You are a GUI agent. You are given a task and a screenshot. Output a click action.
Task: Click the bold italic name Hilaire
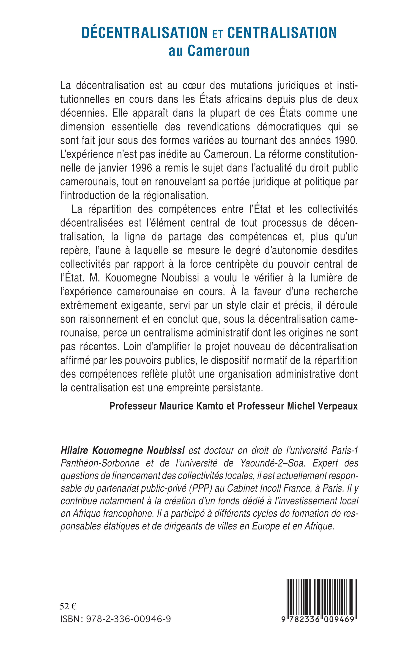[x=75, y=451]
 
